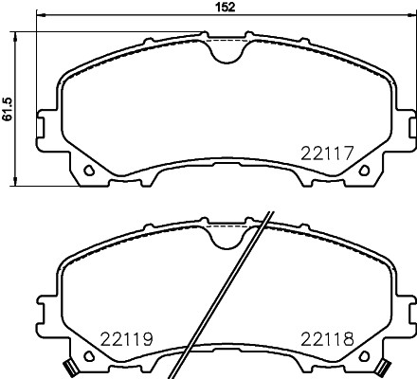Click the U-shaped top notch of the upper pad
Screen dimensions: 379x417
pos(226,51)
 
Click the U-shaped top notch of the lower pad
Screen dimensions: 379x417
pos(226,238)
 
